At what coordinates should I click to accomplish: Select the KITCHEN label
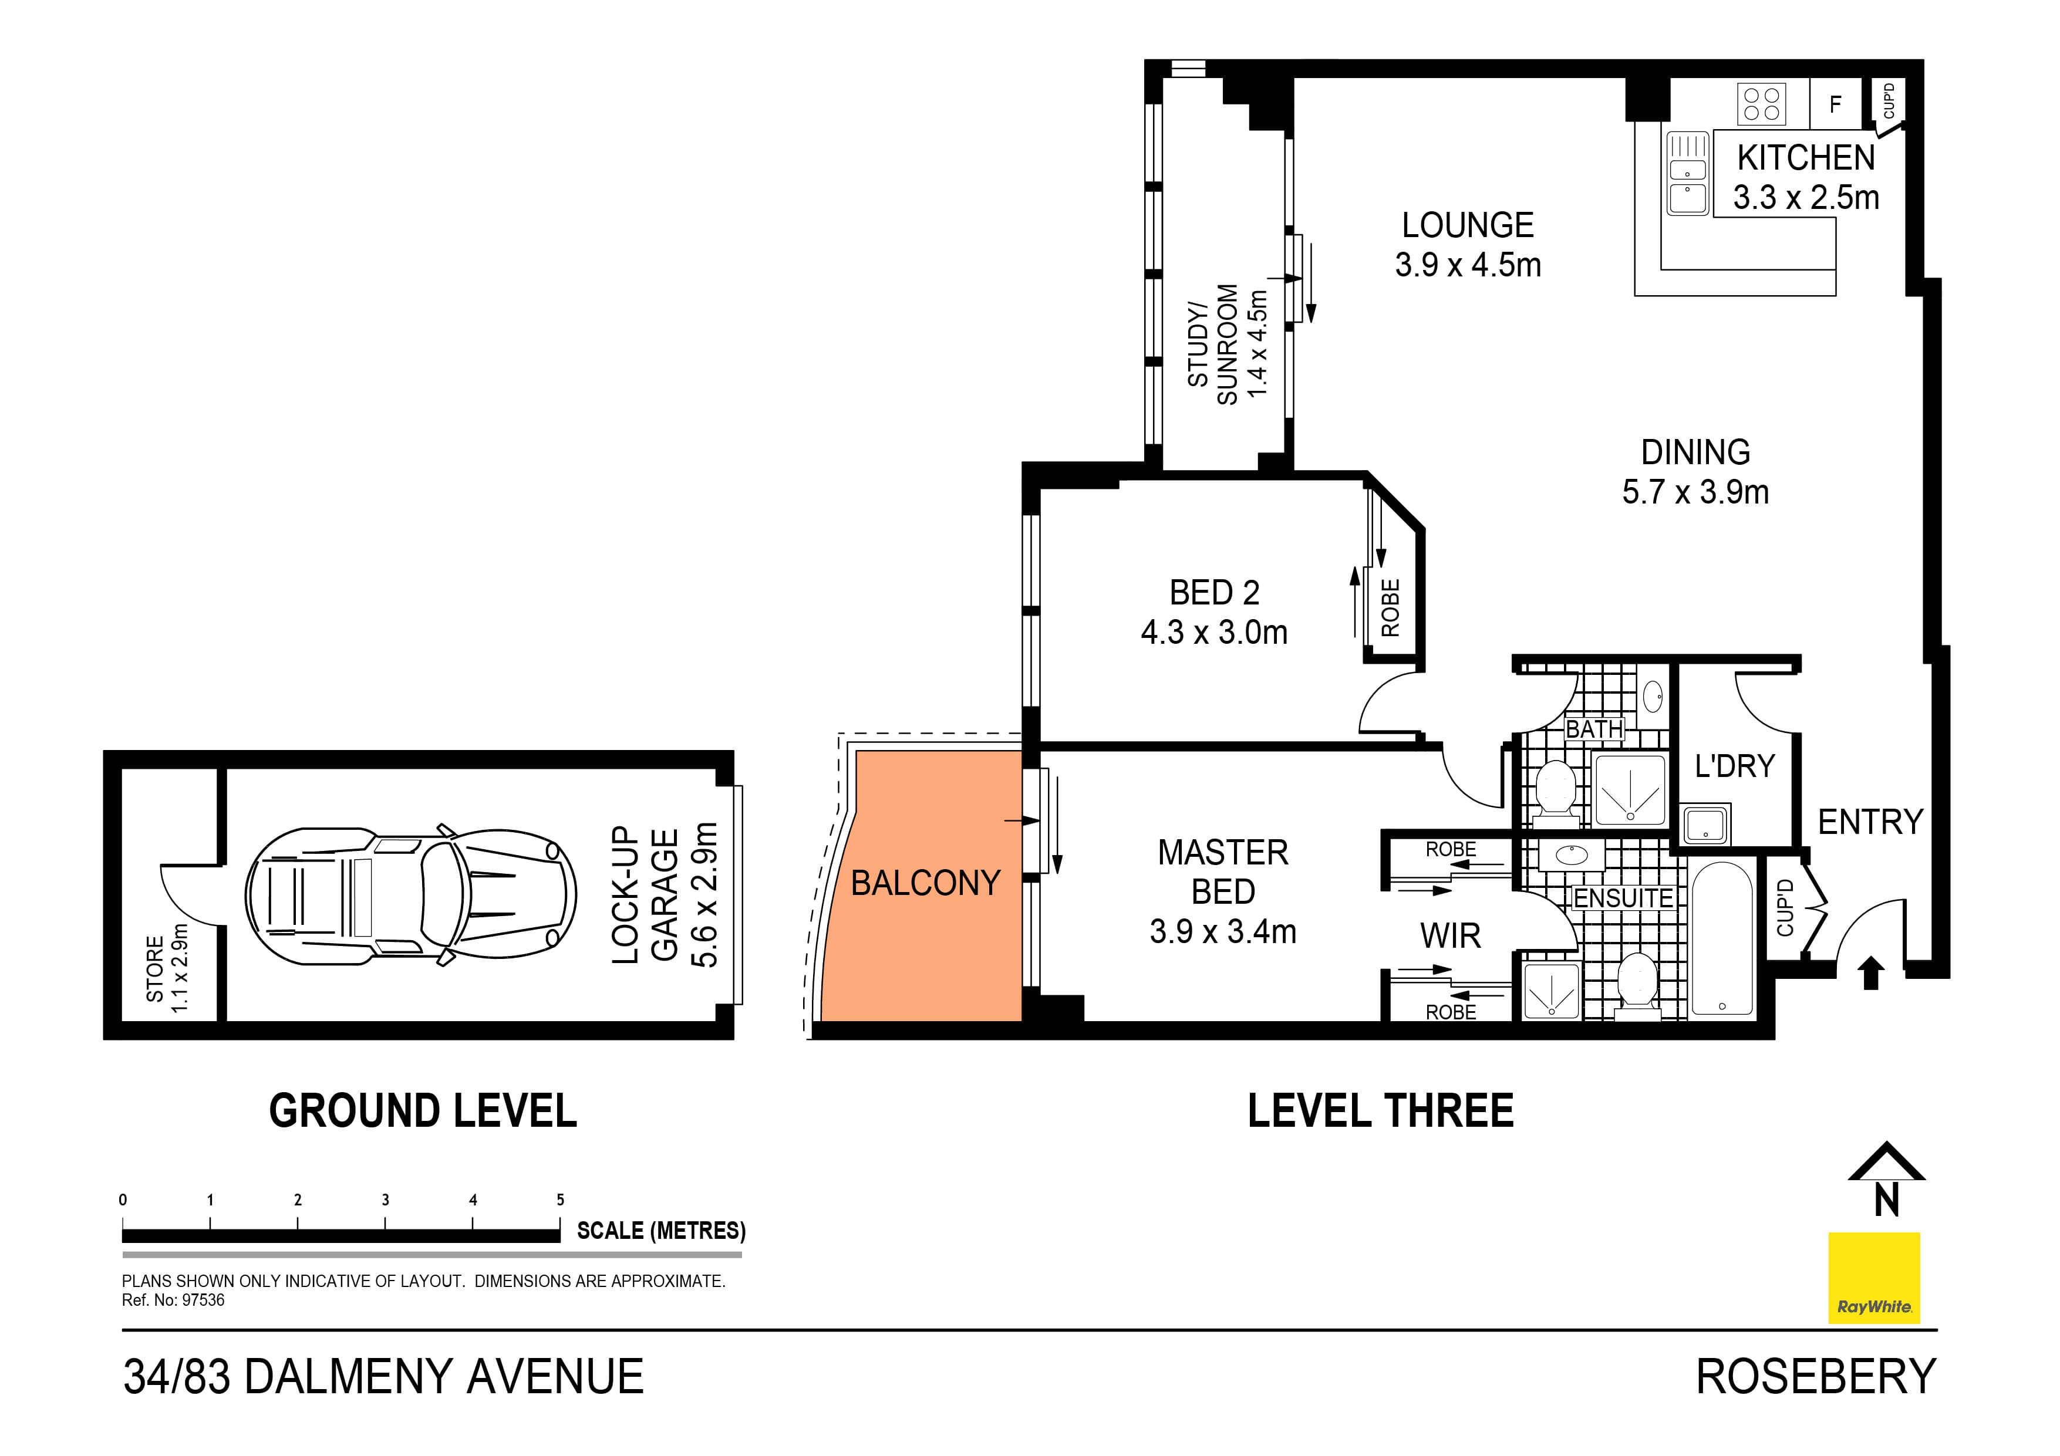[1805, 158]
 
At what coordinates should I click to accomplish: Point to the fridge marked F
[1835, 104]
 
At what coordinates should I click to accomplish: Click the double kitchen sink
[1687, 174]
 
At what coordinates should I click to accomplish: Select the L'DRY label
[1734, 766]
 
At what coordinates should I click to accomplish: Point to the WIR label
[1450, 935]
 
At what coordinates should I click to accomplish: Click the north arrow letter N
[1887, 1200]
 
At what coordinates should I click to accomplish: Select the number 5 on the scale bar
[560, 1200]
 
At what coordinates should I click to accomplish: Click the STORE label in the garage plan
[154, 969]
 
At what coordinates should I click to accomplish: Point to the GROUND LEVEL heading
[423, 1110]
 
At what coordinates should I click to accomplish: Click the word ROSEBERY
[1815, 1376]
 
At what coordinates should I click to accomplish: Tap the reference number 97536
[204, 1300]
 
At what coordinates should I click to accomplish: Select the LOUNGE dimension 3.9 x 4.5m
[1468, 265]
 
